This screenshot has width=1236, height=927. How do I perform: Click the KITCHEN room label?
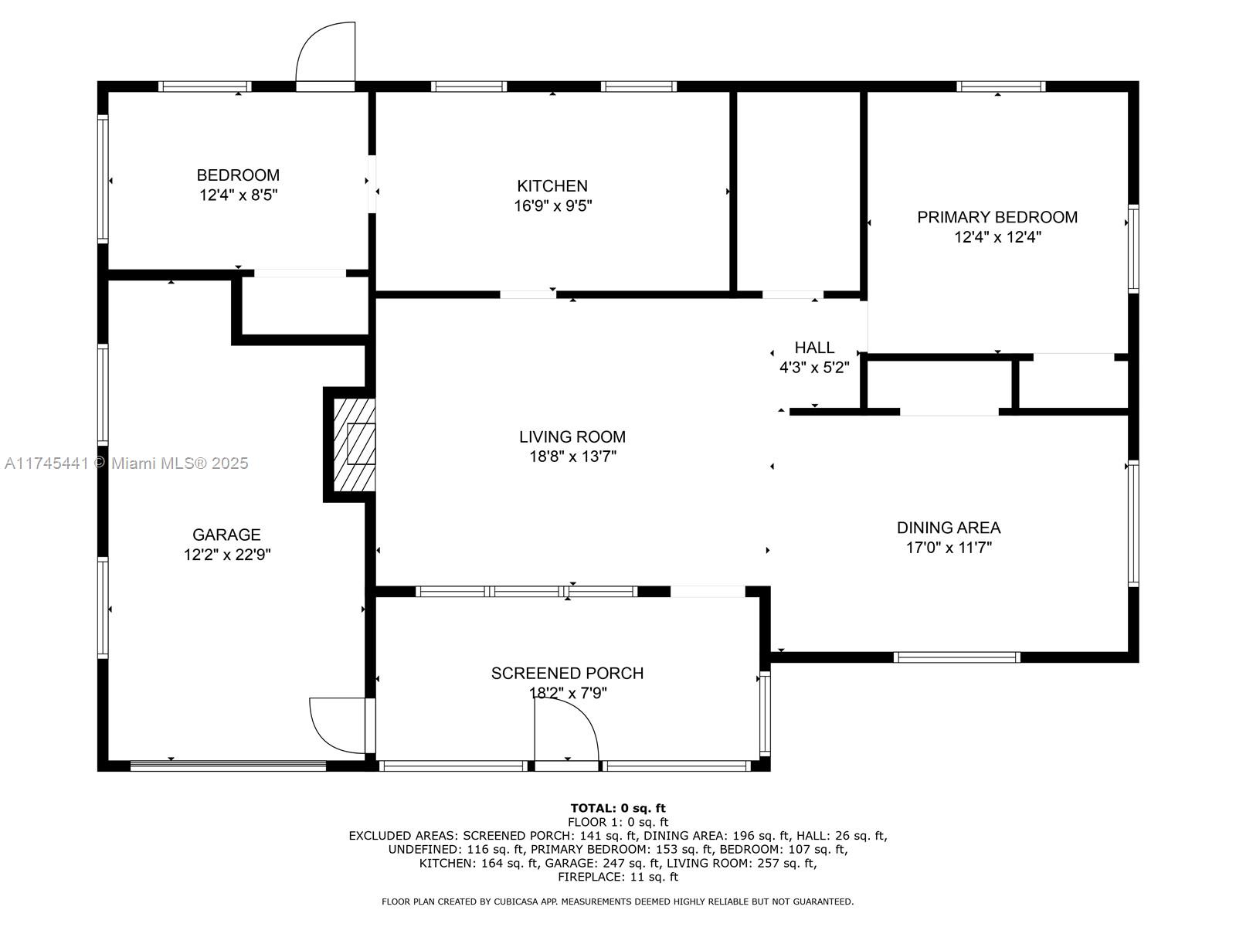[x=552, y=185]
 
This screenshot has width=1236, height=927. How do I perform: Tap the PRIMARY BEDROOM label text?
[x=997, y=217]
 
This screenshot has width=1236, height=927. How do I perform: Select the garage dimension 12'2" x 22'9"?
[x=226, y=555]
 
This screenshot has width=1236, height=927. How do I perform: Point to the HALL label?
[x=814, y=348]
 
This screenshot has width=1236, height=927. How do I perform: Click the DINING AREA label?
[x=948, y=528]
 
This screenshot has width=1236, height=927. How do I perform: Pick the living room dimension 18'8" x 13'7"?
[x=572, y=457]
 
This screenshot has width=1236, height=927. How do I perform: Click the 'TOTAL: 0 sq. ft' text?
[x=617, y=808]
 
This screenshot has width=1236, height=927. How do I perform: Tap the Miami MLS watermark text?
[x=127, y=463]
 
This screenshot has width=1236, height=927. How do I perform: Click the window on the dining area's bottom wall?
[x=956, y=657]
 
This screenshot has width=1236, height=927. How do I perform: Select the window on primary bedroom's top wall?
[x=1000, y=87]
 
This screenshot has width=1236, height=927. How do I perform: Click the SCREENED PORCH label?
[x=567, y=673]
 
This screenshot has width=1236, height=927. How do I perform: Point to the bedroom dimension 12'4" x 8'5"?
[x=238, y=195]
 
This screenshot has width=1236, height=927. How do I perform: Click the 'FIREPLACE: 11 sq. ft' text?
[x=617, y=877]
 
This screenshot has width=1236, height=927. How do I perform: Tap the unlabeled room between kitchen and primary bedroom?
[x=797, y=189]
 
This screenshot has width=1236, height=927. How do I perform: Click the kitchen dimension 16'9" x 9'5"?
[x=552, y=206]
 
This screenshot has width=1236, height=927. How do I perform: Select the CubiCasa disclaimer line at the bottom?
[x=617, y=902]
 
